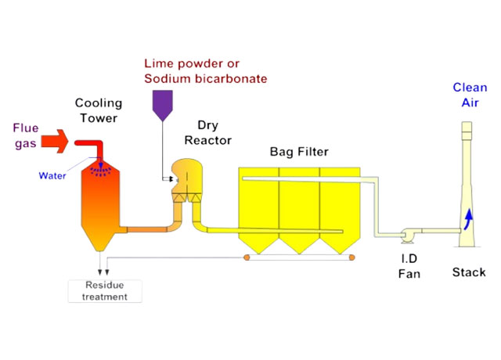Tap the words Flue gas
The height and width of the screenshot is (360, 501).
(x=27, y=134)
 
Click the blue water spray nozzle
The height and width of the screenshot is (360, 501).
(x=100, y=167)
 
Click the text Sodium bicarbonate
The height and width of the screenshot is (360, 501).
(x=206, y=78)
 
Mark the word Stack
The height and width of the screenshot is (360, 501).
(x=469, y=272)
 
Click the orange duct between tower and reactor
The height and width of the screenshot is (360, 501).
(x=149, y=229)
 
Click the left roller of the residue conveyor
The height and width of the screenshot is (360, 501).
(x=247, y=256)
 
